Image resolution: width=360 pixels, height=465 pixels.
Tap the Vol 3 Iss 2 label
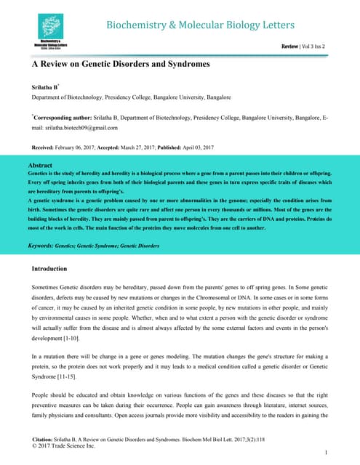click(313, 46)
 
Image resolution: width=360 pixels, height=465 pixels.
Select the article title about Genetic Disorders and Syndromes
click(120, 65)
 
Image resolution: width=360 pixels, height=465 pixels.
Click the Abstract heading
click(41, 166)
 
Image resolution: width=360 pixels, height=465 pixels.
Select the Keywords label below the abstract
click(44, 246)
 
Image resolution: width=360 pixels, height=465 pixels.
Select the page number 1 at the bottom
click(327, 453)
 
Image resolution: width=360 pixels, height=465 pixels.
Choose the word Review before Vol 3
click(290, 46)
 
